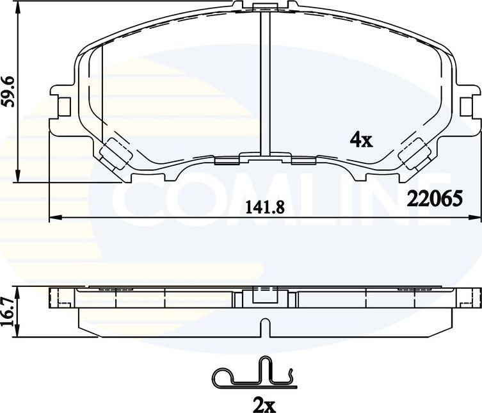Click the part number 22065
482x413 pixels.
pyautogui.click(x=435, y=199)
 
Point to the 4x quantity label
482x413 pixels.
pyautogui.click(x=361, y=139)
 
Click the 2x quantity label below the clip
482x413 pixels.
pyautogui.click(x=263, y=404)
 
